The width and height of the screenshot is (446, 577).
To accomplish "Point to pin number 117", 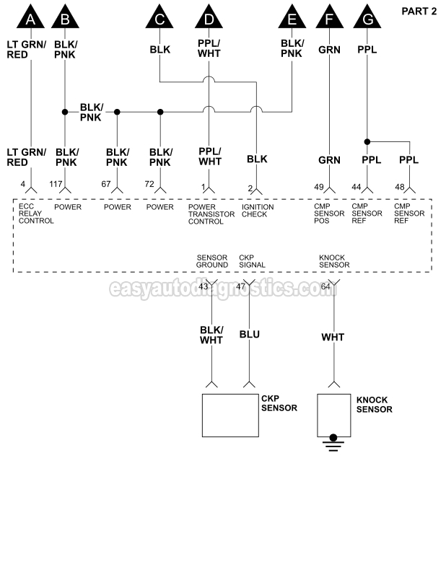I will click(x=56, y=185).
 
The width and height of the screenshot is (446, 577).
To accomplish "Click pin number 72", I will click(x=149, y=185).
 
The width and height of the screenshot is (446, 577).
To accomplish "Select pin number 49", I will click(x=319, y=187).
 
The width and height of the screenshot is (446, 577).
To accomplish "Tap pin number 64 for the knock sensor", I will click(x=325, y=287).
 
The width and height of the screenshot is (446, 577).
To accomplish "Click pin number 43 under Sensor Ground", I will click(x=203, y=287).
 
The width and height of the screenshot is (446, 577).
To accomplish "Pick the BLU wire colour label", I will click(x=250, y=335).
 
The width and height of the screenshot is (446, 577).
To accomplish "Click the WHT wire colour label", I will click(x=333, y=337).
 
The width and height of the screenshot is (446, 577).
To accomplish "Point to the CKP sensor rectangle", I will click(x=230, y=415).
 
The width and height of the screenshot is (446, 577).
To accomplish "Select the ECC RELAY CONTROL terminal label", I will click(x=36, y=214).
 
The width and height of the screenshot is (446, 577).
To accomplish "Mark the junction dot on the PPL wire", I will click(x=367, y=141).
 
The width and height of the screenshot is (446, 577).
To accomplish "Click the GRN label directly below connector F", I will click(x=329, y=50).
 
